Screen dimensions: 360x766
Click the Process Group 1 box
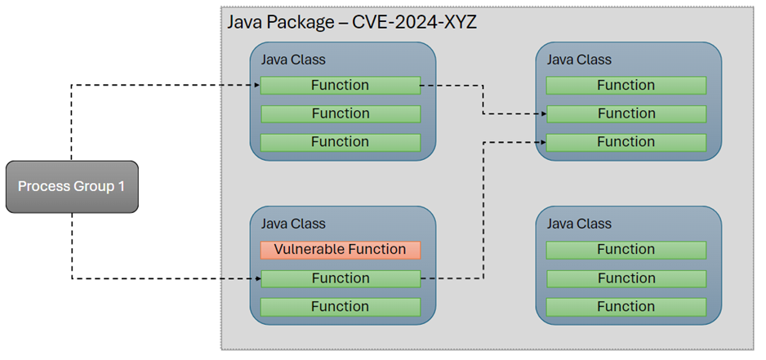point(72,187)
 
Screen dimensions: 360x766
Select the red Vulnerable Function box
point(340,250)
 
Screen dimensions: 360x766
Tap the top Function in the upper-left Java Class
point(340,86)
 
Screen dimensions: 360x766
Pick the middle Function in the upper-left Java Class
point(340,114)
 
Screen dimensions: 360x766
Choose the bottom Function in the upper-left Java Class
point(340,142)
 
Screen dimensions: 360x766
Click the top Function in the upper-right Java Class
point(626,86)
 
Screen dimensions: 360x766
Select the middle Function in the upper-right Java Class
point(626,114)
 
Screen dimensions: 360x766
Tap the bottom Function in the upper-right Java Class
point(626,142)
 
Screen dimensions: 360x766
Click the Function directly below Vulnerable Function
point(340,279)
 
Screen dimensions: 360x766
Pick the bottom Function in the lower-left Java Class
point(340,307)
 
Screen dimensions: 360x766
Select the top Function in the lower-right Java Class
point(626,250)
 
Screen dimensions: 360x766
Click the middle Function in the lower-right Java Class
point(626,279)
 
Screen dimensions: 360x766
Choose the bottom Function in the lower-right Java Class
point(626,307)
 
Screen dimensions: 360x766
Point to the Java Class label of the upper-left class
point(293,60)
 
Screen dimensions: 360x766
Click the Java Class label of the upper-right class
point(578,60)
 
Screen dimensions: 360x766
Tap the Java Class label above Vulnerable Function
point(293,224)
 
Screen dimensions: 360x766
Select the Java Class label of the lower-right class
point(578,224)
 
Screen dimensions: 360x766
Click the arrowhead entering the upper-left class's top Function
point(255,85)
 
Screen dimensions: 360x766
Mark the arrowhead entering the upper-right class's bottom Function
point(541,142)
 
